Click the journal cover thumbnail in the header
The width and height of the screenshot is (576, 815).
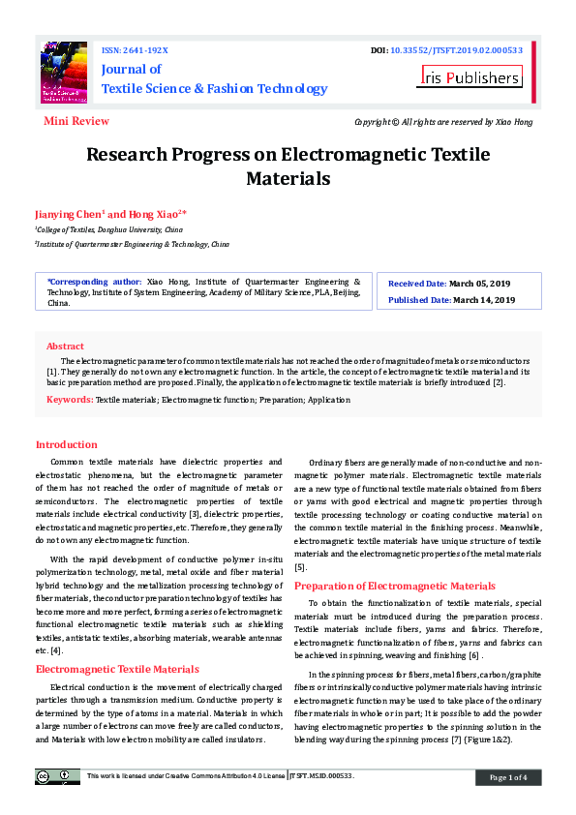[x=63, y=74]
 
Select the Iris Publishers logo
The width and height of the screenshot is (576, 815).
[x=470, y=77]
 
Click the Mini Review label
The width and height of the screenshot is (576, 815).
[x=76, y=121]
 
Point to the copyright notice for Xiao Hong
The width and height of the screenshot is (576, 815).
[x=443, y=122]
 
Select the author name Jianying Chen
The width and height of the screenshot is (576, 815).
[x=69, y=213]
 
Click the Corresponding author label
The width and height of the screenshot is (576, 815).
[x=94, y=282]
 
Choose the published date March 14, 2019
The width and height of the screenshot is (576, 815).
[x=481, y=300]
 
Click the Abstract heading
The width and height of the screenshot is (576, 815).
[x=65, y=346]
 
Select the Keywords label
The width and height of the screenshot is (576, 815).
[x=69, y=399]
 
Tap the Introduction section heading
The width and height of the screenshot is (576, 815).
[x=66, y=444]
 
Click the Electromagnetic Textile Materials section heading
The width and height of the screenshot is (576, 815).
[x=117, y=669]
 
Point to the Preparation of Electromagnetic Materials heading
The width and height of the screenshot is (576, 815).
[x=394, y=586]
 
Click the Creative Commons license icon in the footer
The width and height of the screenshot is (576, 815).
[x=58, y=776]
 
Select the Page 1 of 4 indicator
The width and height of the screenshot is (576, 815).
[x=508, y=777]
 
